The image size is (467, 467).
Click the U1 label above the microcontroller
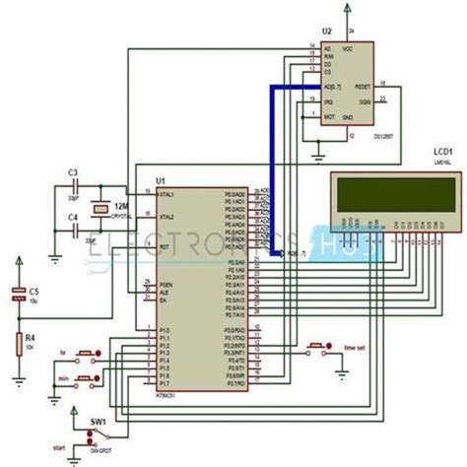coord(160,180)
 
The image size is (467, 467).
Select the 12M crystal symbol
coord(99,206)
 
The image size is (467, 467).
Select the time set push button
coord(317,346)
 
